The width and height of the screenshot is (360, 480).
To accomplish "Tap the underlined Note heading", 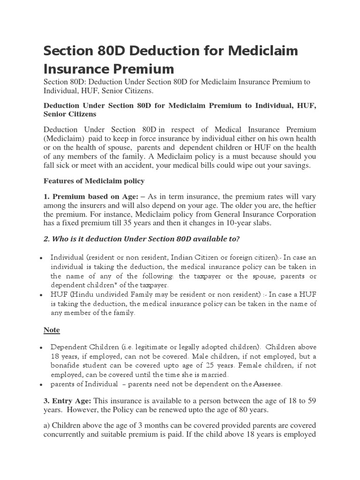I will (52, 330).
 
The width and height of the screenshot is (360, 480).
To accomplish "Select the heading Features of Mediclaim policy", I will (94, 180).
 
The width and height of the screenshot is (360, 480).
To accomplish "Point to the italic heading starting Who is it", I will (142, 239).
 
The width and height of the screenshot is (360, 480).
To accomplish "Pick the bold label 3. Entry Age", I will (67, 401).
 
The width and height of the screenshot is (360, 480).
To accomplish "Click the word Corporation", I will (293, 214).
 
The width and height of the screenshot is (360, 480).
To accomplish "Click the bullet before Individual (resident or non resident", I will (42, 258).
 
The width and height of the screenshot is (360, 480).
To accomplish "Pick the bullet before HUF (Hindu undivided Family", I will (42, 294).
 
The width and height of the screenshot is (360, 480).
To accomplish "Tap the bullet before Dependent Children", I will (42, 347).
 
